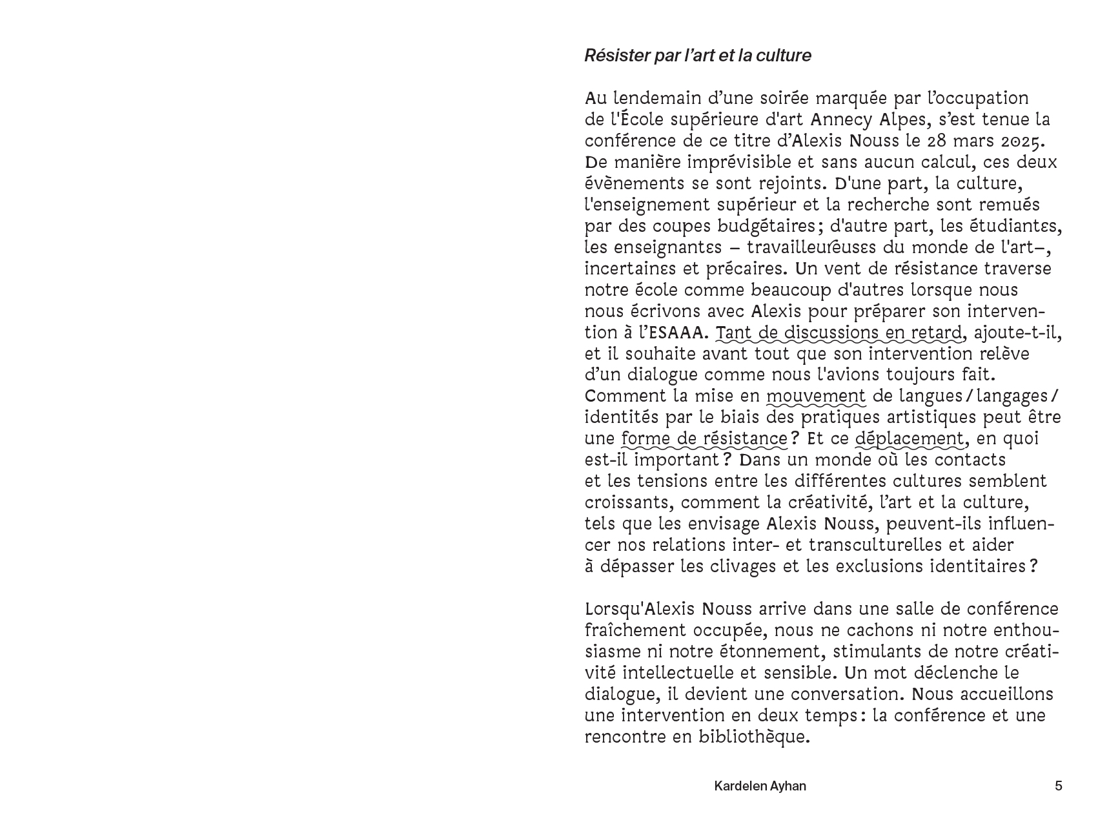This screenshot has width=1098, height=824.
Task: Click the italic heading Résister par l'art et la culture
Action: coord(697,56)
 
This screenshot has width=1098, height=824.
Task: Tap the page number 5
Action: coord(1058,786)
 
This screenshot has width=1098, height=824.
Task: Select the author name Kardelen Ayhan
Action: coord(760,786)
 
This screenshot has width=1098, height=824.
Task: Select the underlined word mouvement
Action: coord(816,397)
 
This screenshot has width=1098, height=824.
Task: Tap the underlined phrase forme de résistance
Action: coord(704,439)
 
